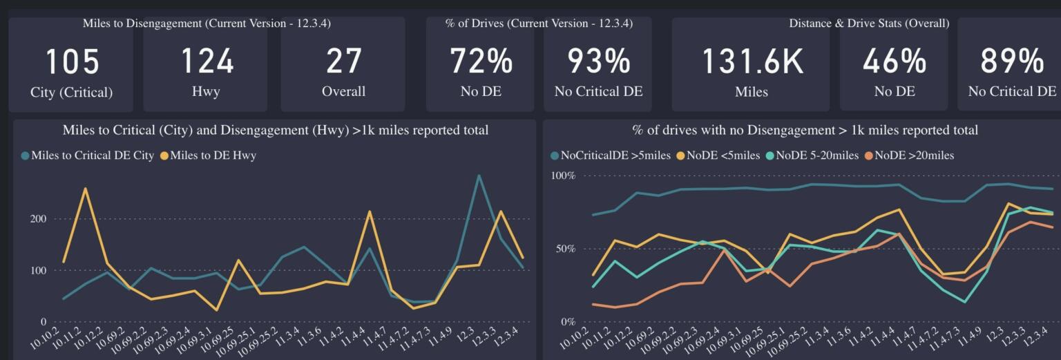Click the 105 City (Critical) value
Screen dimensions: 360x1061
click(x=72, y=61)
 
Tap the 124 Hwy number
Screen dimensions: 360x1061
click(x=207, y=61)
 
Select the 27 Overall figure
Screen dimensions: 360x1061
click(x=343, y=61)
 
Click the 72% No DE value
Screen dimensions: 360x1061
click(x=481, y=61)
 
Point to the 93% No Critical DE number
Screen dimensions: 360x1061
click(x=598, y=61)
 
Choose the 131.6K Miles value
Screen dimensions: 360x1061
click(x=752, y=61)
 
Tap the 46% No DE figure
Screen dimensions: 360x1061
click(x=894, y=61)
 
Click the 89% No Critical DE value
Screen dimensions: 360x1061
click(x=1012, y=61)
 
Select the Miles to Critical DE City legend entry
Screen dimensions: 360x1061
click(x=92, y=155)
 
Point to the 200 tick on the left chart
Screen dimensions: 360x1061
click(x=38, y=219)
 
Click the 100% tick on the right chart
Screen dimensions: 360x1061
click(x=562, y=176)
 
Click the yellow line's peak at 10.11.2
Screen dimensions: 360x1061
click(x=85, y=188)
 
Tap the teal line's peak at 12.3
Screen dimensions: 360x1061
click(x=479, y=176)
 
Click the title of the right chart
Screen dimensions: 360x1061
click(x=805, y=130)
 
